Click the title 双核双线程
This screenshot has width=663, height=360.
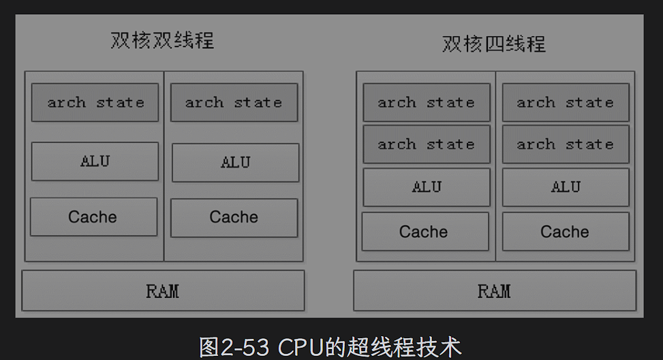[x=162, y=40]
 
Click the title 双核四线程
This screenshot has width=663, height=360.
[x=494, y=44]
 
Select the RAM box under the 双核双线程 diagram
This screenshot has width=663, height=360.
[x=163, y=291]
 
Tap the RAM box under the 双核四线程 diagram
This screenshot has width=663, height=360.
[x=494, y=291]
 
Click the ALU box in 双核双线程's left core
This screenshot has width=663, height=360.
[x=95, y=162]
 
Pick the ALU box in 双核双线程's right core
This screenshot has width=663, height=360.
[x=235, y=163]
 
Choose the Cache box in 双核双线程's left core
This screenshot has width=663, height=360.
[x=93, y=217]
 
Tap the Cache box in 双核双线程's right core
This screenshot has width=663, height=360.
[x=234, y=217]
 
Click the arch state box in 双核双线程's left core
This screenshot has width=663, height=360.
[x=95, y=102]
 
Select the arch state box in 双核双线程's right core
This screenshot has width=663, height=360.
[x=234, y=102]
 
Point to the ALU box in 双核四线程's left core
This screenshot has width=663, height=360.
[x=427, y=187]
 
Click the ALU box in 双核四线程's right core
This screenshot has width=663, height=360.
[x=566, y=187]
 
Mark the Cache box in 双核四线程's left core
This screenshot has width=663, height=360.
[x=425, y=232]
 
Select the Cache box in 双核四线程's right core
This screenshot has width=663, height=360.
[x=565, y=232]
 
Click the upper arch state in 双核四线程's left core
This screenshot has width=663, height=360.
[x=426, y=102]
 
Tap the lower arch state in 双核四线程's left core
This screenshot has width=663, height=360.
[x=426, y=144]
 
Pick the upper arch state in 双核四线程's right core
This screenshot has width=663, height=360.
[x=566, y=102]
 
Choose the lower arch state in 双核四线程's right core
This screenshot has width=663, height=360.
[x=566, y=144]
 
